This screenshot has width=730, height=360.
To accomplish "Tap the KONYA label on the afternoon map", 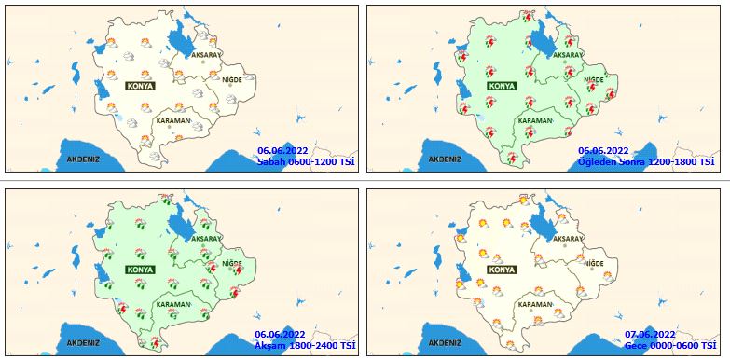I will [x=502, y=85].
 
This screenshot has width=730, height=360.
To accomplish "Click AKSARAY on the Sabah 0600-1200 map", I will [x=207, y=56].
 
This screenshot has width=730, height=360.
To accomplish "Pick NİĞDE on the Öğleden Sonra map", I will [x=594, y=80].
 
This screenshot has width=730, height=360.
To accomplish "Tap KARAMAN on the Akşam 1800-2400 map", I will [x=173, y=304].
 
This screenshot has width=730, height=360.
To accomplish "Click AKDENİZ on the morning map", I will [x=83, y=159].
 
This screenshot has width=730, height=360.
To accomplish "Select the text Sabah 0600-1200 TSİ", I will [x=306, y=161].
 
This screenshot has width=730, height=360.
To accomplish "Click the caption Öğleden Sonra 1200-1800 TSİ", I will [x=646, y=161].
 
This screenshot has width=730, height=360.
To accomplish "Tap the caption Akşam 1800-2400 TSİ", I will [x=306, y=345].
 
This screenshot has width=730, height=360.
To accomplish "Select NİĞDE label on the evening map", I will [x=231, y=263].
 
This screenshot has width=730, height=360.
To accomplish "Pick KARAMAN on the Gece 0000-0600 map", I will [x=535, y=304].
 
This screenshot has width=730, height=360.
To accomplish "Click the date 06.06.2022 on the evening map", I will [x=280, y=334].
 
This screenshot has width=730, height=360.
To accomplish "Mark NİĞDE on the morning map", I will [x=233, y=80].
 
